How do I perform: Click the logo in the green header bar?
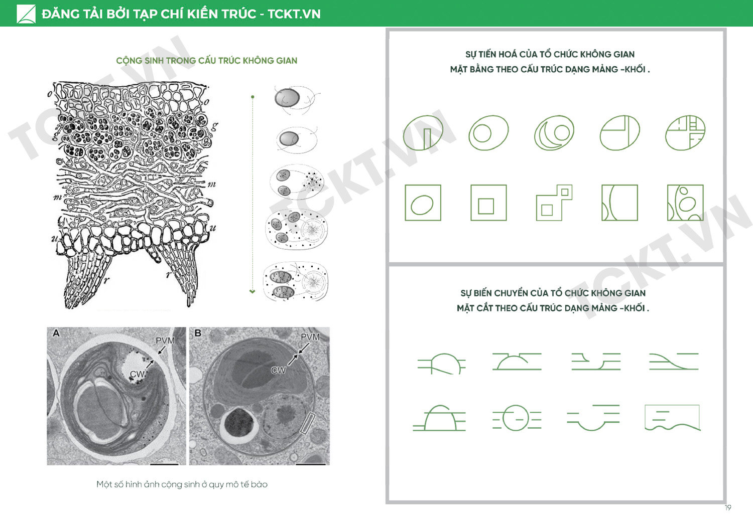(x=26, y=14)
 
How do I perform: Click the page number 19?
(x=728, y=507)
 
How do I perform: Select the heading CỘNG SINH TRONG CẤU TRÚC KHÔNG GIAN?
(x=207, y=61)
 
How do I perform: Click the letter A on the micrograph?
(x=56, y=333)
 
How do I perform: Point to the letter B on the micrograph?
(x=198, y=333)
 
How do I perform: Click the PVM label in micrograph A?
(x=165, y=340)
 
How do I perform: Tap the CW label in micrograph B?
(x=278, y=371)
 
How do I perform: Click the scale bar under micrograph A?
(x=164, y=464)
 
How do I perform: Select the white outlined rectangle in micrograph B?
(x=308, y=423)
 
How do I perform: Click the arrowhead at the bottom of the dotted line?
(x=253, y=291)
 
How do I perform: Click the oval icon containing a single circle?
(x=488, y=133)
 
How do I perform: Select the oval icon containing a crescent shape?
(x=554, y=133)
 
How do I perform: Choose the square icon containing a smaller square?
(x=488, y=203)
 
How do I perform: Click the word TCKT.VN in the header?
(x=294, y=14)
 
